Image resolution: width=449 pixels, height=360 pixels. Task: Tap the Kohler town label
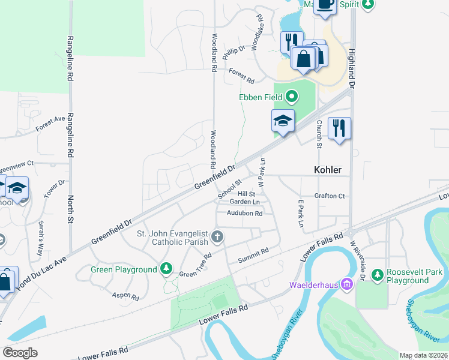pyautogui.click(x=328, y=170)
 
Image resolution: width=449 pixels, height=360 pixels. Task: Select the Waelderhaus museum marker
pyautogui.click(x=346, y=283)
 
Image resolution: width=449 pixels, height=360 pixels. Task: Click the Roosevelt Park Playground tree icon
pyautogui.click(x=378, y=275)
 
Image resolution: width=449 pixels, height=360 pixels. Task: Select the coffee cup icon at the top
pyautogui.click(x=326, y=5)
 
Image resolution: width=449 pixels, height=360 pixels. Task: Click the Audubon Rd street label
pyautogui.click(x=245, y=213)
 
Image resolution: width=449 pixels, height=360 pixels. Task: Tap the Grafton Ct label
pyautogui.click(x=330, y=196)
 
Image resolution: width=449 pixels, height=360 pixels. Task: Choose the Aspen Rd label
pyautogui.click(x=125, y=296)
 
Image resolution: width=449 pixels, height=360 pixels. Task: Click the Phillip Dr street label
pyautogui.click(x=234, y=52)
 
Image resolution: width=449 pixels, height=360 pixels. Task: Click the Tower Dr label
pyautogui.click(x=58, y=191)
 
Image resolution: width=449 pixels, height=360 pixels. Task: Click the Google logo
pyautogui.click(x=20, y=352)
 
